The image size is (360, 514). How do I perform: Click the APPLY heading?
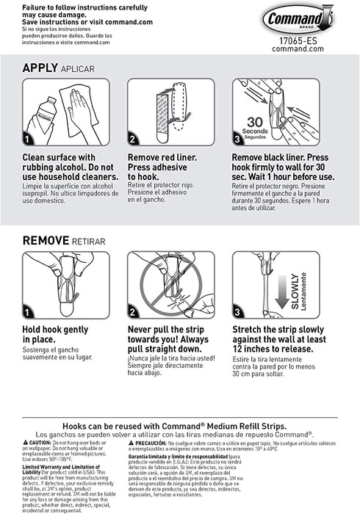pos(46,68)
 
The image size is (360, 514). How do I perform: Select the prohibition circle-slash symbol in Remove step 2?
pos(173,283)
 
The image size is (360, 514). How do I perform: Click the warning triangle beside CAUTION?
pos(26,444)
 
